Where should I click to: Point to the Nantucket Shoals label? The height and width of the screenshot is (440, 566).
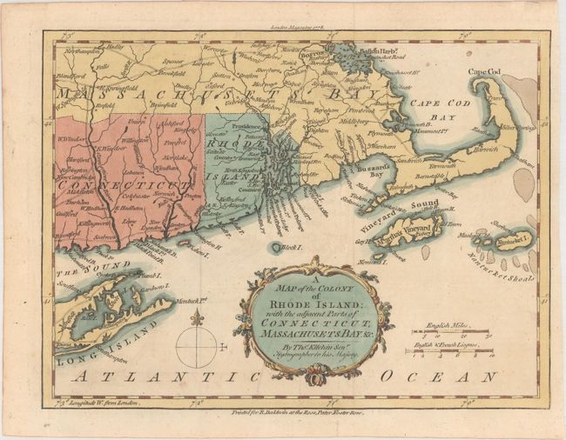(515, 271)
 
